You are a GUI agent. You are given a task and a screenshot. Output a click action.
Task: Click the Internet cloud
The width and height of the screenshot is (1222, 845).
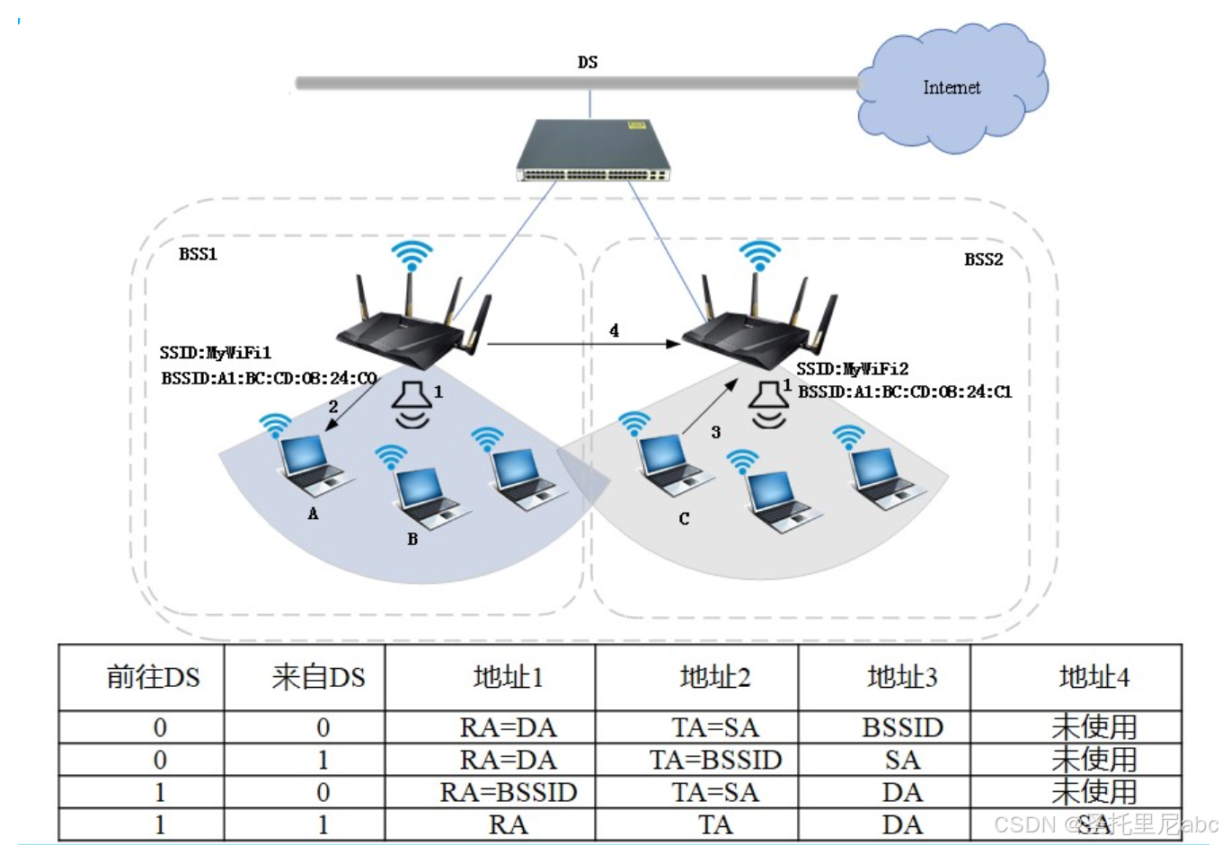click(952, 89)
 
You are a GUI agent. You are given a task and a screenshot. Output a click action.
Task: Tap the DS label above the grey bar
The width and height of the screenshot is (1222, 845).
click(588, 62)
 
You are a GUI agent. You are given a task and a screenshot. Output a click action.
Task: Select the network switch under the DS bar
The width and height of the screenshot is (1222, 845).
click(592, 151)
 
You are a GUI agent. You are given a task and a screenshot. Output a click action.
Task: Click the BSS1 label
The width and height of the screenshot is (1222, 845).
click(198, 254)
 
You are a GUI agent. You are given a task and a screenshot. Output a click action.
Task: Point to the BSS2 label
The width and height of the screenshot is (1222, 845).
click(983, 260)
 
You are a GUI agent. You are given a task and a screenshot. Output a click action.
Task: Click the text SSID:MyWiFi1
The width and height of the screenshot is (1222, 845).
click(216, 353)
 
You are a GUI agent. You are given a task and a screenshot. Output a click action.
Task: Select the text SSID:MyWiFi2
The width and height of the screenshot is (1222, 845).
click(852, 369)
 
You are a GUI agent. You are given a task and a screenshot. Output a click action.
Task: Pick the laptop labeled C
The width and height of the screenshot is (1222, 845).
click(669, 463)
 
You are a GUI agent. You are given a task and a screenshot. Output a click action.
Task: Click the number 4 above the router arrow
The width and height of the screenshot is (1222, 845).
click(614, 330)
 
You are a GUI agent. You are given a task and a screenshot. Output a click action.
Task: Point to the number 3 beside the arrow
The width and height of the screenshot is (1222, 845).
click(716, 432)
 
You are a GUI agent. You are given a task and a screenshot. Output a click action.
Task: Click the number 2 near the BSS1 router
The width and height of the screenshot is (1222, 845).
click(333, 407)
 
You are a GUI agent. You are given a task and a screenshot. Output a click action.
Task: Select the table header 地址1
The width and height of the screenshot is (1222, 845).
click(508, 677)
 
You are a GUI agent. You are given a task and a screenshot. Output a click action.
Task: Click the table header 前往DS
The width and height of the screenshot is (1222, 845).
click(153, 677)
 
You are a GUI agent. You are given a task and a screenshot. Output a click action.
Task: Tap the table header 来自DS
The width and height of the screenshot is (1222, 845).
click(318, 677)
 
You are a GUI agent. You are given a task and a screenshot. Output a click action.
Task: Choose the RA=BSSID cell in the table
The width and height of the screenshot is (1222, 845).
click(508, 793)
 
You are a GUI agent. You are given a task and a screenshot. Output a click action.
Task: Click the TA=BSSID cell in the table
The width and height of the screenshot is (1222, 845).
click(715, 761)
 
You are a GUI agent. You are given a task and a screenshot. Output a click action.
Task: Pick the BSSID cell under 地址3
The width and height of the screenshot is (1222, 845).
click(902, 727)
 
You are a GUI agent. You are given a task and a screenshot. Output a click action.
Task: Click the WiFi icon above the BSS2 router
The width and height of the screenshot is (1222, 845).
click(759, 255)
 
